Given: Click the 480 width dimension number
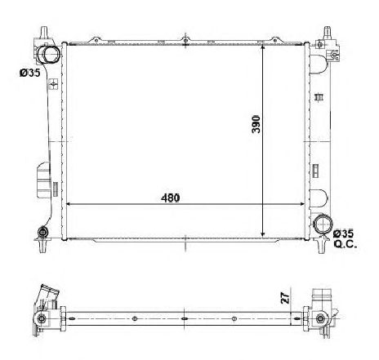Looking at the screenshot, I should point(169,198).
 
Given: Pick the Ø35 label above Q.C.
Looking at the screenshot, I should point(346,233).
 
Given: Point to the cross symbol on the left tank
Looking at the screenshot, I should point(52,85).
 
